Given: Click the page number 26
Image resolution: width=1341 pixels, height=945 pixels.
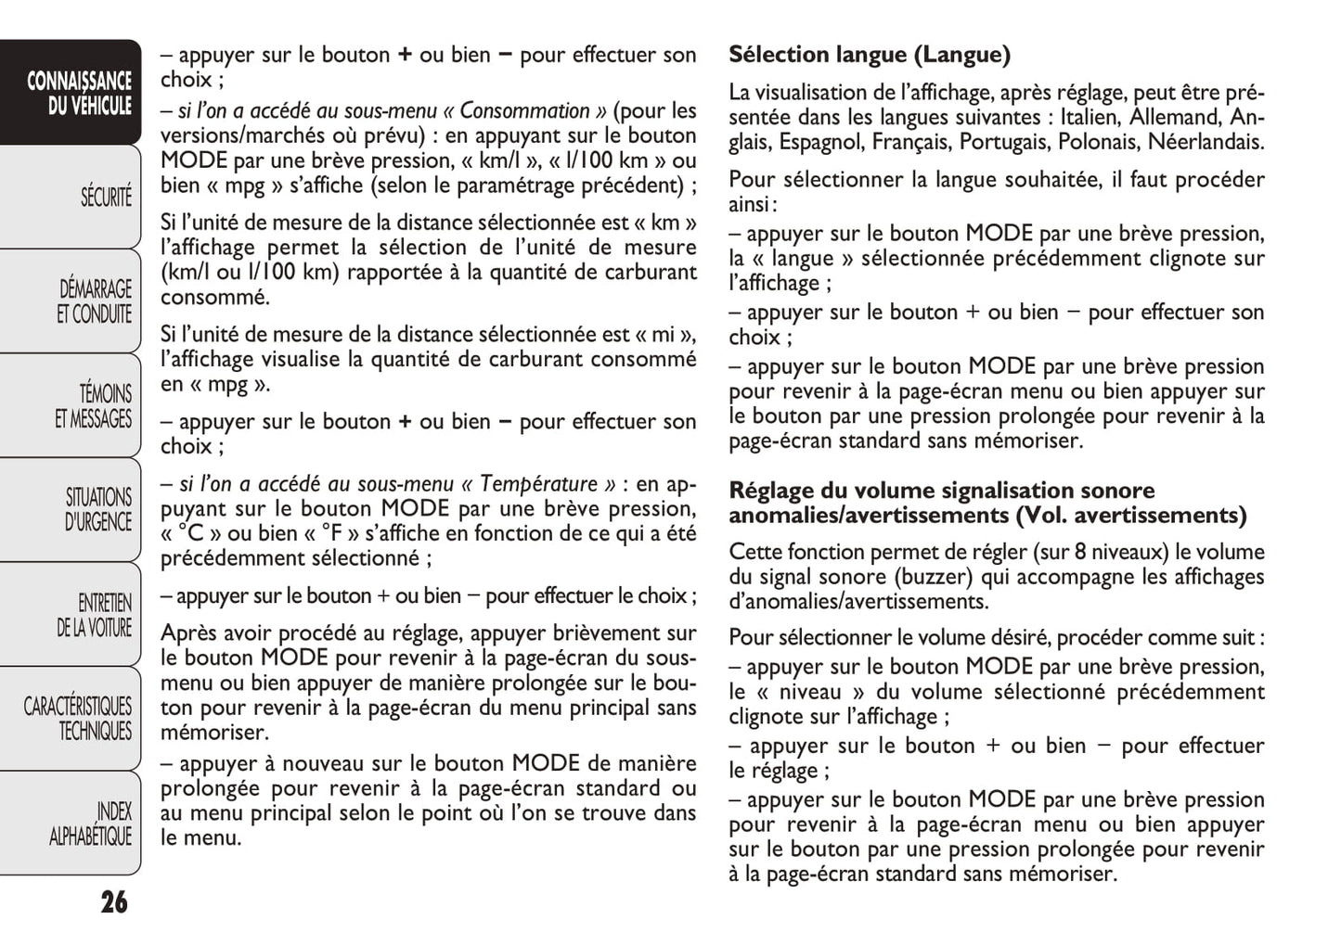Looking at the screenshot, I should click(114, 901).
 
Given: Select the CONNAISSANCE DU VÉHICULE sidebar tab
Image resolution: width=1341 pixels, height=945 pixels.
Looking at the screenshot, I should click(79, 94).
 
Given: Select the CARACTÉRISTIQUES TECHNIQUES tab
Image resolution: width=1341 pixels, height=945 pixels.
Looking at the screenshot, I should click(78, 719).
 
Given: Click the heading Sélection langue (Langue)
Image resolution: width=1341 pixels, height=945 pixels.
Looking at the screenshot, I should click(869, 55).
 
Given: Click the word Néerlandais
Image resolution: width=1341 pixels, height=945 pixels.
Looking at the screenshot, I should click(1206, 142).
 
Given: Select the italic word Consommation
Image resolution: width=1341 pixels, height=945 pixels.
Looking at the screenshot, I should click(524, 111).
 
